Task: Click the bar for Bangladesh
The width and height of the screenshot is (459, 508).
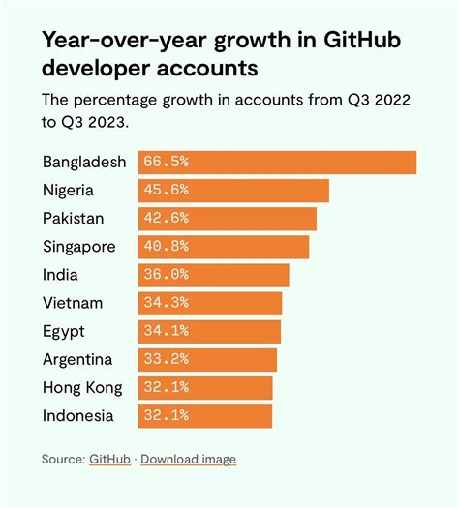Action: point(278,162)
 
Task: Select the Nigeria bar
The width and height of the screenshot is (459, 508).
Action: point(234,191)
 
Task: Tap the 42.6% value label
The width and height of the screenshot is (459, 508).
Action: point(165,219)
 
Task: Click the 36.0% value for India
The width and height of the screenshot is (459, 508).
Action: point(165,275)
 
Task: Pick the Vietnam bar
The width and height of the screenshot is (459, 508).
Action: point(211,304)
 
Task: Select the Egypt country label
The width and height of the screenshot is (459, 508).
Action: point(65,332)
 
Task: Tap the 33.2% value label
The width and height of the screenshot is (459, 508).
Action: point(165,360)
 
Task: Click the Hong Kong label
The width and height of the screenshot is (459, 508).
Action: point(83,388)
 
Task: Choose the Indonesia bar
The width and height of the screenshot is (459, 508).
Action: point(205,416)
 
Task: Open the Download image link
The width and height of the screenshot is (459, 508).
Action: point(188,459)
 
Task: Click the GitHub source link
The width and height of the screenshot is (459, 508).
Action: point(110,459)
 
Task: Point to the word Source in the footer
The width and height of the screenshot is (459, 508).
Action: point(62,459)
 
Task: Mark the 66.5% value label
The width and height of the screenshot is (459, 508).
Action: point(165,162)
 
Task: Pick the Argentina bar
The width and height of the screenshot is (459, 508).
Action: point(208,360)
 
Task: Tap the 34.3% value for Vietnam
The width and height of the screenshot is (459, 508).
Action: point(165,304)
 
